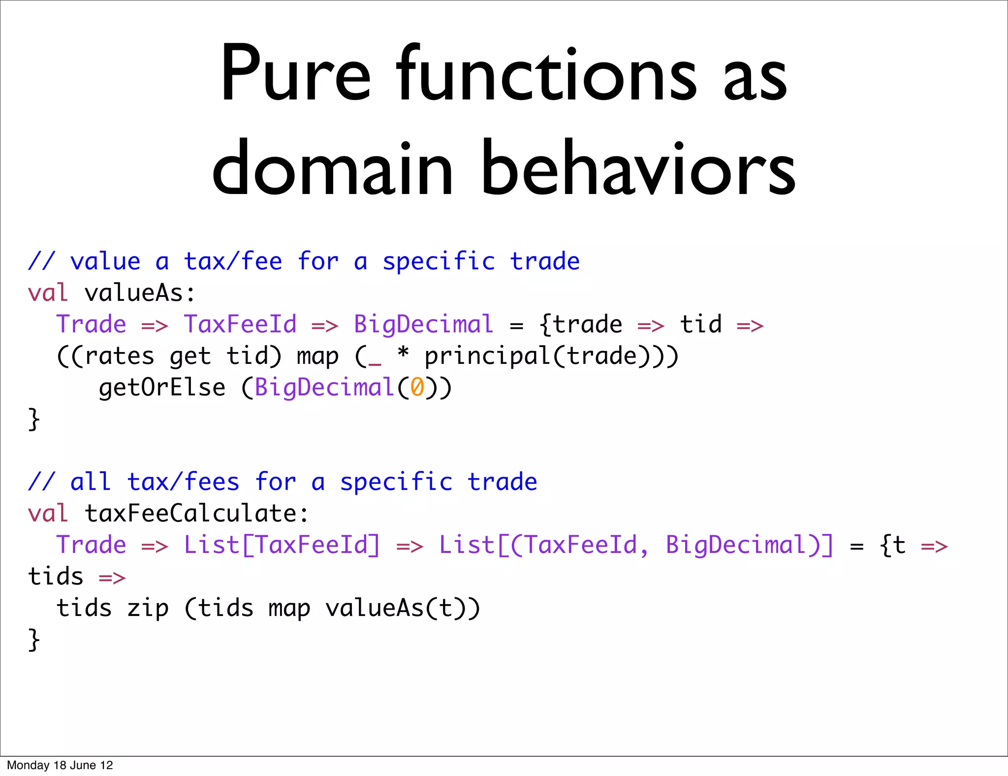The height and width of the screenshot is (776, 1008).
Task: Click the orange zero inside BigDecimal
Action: (417, 387)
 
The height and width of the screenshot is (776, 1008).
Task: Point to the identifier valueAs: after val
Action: (140, 293)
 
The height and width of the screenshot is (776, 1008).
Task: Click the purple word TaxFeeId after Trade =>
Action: (240, 324)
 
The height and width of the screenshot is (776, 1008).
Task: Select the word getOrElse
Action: (162, 388)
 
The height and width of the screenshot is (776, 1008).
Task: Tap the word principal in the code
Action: (487, 356)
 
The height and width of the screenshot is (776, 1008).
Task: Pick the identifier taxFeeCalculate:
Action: (197, 514)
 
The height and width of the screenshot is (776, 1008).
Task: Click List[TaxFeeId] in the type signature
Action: (283, 545)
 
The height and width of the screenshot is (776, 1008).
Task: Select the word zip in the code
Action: (148, 608)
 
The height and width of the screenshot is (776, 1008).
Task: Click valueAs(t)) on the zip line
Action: (403, 608)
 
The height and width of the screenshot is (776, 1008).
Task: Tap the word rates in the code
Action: (120, 356)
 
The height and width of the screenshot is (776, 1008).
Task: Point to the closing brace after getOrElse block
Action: (34, 419)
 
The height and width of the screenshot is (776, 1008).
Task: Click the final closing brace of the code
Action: (34, 640)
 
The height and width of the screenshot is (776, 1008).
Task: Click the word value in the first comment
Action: (105, 261)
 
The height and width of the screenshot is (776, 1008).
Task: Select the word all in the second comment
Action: (91, 482)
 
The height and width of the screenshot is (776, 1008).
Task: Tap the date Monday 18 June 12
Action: (60, 765)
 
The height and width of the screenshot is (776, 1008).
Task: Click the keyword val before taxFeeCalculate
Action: (48, 514)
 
